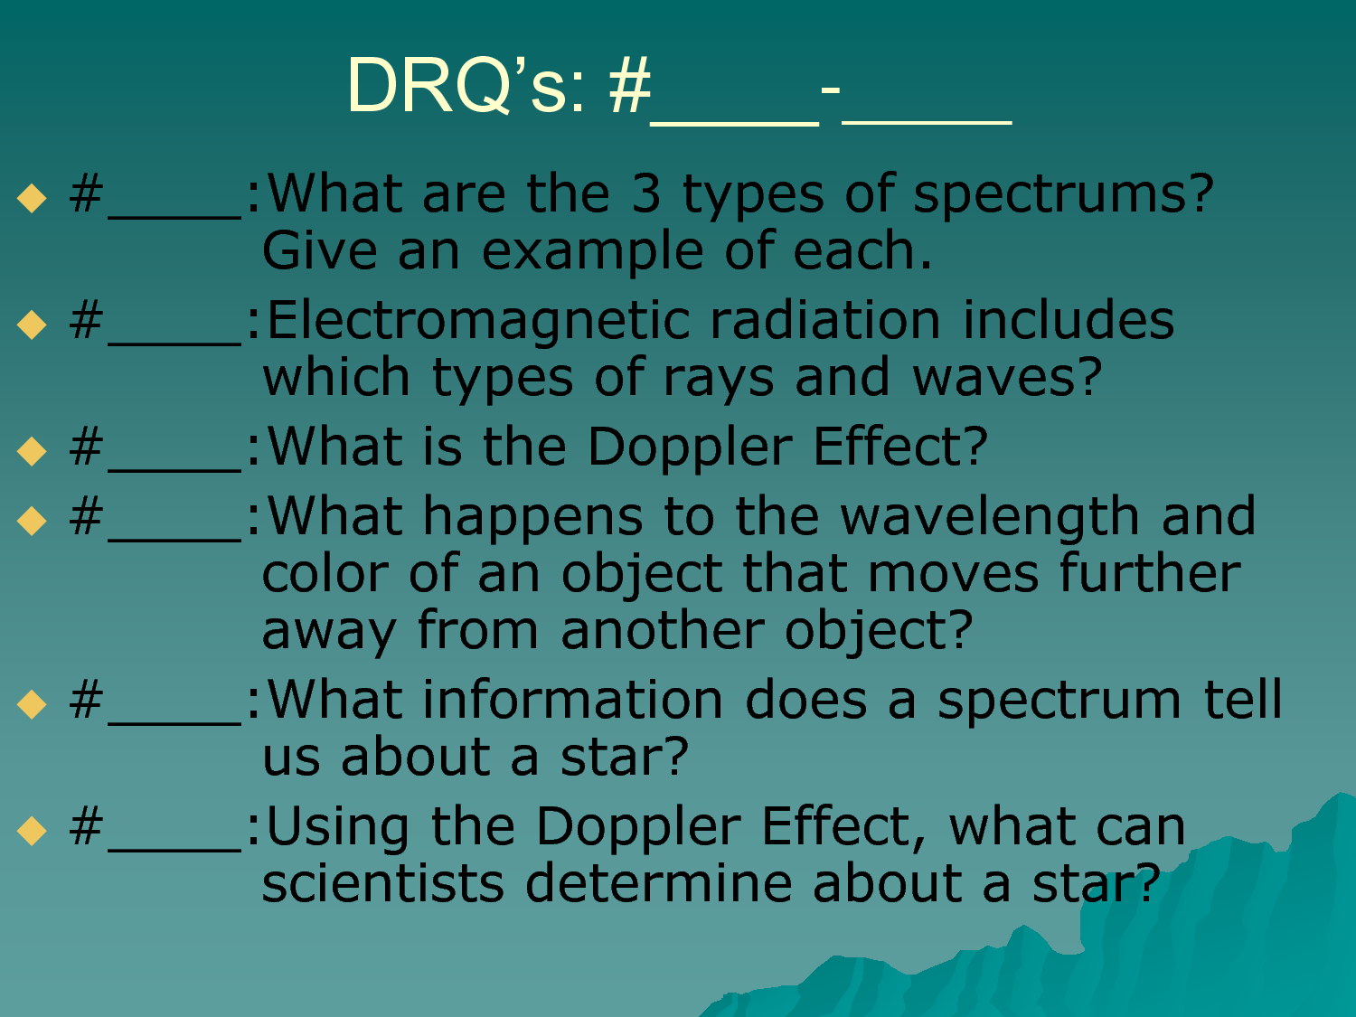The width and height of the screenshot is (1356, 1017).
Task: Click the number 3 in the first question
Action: point(646,193)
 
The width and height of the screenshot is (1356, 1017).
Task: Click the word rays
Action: point(718,382)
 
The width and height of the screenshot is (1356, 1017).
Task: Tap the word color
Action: point(325,574)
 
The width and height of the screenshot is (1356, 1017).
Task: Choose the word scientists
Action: point(383,883)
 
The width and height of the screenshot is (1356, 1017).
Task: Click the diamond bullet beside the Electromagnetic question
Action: point(32,325)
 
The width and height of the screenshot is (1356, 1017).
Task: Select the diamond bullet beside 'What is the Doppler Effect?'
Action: point(32,451)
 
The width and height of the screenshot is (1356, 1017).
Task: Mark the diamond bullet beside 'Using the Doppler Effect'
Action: point(32,831)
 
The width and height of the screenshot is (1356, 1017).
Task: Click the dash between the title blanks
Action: point(831,90)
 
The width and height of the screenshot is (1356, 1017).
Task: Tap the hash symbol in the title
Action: point(630,85)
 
